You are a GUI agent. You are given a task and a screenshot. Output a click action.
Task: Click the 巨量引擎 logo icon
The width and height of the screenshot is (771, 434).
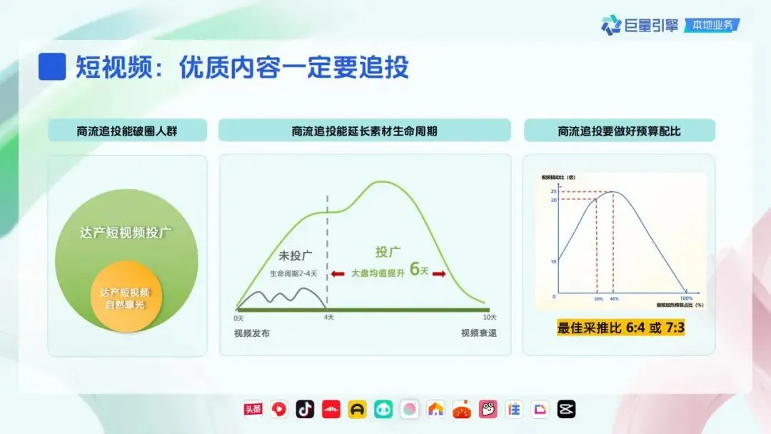point(611,26)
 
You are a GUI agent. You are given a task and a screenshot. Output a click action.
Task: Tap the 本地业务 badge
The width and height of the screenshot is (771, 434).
point(712,25)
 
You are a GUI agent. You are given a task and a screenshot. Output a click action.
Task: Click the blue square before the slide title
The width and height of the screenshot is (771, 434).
point(52,66)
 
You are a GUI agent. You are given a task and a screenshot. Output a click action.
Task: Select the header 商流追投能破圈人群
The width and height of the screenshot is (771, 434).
point(127,131)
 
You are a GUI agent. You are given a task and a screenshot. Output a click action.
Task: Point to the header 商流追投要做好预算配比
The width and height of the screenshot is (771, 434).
point(619,131)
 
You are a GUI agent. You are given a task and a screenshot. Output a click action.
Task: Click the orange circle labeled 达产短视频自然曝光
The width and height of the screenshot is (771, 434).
point(125,298)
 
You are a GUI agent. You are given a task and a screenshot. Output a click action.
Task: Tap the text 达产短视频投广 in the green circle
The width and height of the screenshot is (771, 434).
point(126,233)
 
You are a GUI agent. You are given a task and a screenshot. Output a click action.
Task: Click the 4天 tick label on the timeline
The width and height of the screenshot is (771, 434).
point(328,317)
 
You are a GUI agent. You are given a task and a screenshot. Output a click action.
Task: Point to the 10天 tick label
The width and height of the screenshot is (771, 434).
point(489,317)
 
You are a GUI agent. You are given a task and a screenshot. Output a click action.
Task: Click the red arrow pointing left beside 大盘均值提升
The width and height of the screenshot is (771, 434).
point(338,273)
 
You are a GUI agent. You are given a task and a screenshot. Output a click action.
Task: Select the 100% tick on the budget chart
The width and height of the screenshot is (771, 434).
point(686,298)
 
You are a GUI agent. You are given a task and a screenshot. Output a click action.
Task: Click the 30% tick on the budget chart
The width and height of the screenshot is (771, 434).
point(598,298)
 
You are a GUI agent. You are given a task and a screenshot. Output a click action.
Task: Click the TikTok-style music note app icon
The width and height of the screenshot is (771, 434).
point(306,409)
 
